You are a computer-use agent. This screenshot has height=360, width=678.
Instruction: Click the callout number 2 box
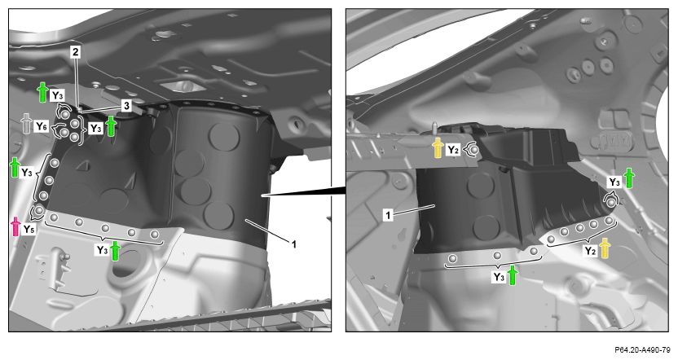tap(76, 52)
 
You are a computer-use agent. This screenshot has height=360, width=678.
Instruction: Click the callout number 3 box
tap(126, 105)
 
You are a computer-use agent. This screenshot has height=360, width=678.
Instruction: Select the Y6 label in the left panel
tap(41, 126)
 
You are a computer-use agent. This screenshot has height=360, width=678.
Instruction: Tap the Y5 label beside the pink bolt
tap(29, 229)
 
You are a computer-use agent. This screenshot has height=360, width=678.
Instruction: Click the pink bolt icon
tap(15, 226)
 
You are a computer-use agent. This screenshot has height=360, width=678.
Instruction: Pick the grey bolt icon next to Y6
tap(27, 123)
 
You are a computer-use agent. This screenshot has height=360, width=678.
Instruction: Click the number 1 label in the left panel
tap(293, 244)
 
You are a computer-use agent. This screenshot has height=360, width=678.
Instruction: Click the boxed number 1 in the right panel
tap(388, 215)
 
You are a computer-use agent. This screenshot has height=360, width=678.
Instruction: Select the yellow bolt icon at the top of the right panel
tap(438, 147)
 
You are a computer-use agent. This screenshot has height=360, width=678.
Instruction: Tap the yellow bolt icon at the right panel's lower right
tap(605, 248)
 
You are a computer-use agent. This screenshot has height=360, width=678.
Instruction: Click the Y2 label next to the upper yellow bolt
tap(452, 150)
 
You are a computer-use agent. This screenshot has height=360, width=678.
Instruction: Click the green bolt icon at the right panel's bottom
tap(513, 275)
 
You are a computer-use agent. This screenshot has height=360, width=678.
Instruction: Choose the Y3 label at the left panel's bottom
tap(102, 250)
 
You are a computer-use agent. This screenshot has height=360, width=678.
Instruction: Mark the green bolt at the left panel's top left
tap(42, 91)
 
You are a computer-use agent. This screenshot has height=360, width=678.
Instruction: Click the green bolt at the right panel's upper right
tap(628, 178)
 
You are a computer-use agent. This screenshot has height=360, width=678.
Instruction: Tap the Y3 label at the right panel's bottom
tap(499, 277)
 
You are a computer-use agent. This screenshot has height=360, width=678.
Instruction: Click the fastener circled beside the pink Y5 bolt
tap(39, 210)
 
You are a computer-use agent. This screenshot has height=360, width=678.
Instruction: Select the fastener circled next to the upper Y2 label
tap(474, 150)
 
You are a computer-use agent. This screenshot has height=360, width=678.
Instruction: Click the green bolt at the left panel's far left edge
tap(15, 167)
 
